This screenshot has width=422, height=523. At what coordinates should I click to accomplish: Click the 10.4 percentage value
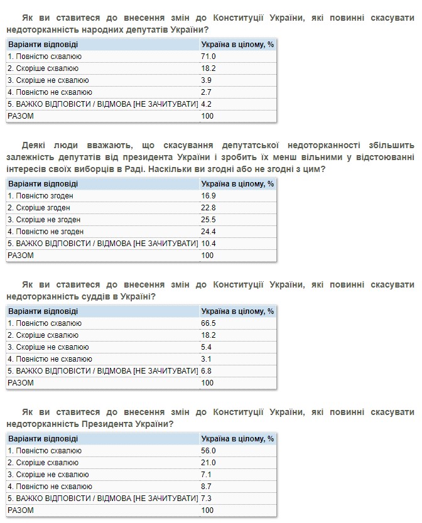tap(209, 244)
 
